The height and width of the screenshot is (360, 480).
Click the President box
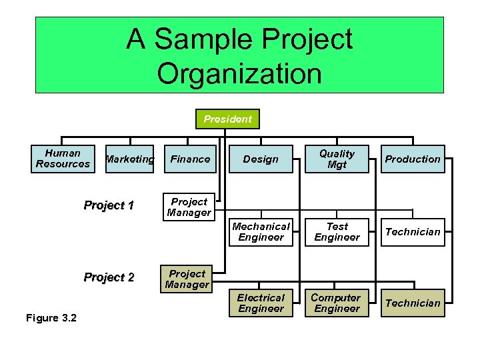pyautogui.click(x=227, y=119)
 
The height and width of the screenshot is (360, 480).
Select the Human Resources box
pyautogui.click(x=63, y=159)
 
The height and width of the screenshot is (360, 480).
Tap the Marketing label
pyautogui.click(x=129, y=159)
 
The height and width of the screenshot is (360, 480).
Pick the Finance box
pyautogui.click(x=190, y=159)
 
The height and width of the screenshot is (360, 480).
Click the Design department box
pyautogui.click(x=261, y=159)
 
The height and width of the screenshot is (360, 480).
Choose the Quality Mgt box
pyautogui.click(x=337, y=159)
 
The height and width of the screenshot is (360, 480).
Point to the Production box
pyautogui.click(x=413, y=159)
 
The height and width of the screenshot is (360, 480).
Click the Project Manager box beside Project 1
pyautogui.click(x=189, y=207)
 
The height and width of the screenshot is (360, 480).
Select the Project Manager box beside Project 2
pyautogui.click(x=187, y=279)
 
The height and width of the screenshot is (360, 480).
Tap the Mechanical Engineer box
pyautogui.click(x=261, y=232)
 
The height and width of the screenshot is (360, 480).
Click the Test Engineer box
pyautogui.click(x=337, y=232)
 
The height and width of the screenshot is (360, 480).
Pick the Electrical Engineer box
pyautogui.click(x=261, y=303)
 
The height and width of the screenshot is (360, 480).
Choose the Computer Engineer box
pyautogui.click(x=337, y=303)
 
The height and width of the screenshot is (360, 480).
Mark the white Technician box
pyautogui.click(x=413, y=232)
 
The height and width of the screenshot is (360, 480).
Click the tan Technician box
pyautogui.click(x=413, y=303)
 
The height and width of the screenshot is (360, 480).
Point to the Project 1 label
pyautogui.click(x=109, y=205)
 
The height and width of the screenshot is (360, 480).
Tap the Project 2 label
pyautogui.click(x=109, y=277)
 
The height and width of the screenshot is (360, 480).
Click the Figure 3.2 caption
pyautogui.click(x=51, y=317)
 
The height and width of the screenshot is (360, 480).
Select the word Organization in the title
pyautogui.click(x=239, y=73)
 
